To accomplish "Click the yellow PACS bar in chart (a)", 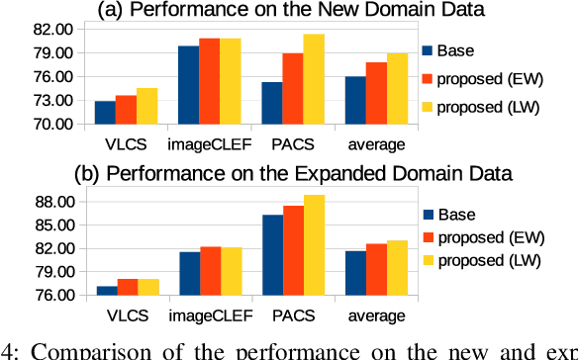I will point(314,79).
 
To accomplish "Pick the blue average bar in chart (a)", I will point(355,100).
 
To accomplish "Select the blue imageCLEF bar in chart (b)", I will point(188,273).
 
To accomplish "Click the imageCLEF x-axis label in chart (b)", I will point(209,315).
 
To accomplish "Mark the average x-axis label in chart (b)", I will point(376,315).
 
